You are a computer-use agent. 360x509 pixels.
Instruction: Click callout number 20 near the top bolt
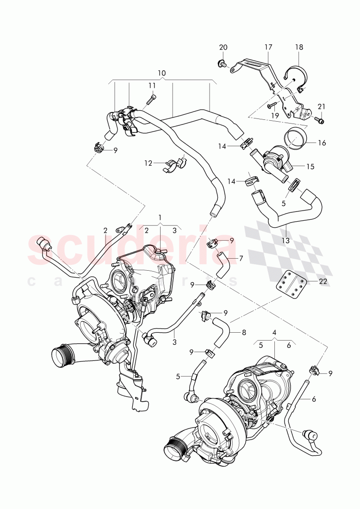(x=223, y=47)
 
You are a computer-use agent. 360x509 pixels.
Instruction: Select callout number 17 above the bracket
(x=268, y=47)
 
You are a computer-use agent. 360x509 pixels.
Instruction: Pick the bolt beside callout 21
(x=320, y=120)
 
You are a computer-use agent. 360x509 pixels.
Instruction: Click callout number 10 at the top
(x=161, y=73)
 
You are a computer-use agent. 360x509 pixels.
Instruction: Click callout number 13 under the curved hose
(x=286, y=241)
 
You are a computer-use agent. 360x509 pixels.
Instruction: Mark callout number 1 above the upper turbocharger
(x=160, y=217)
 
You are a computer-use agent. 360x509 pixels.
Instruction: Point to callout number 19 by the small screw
(x=275, y=116)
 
